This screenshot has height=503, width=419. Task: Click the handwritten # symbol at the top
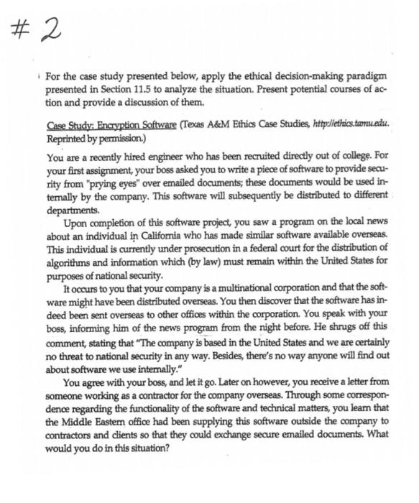(24, 32)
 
